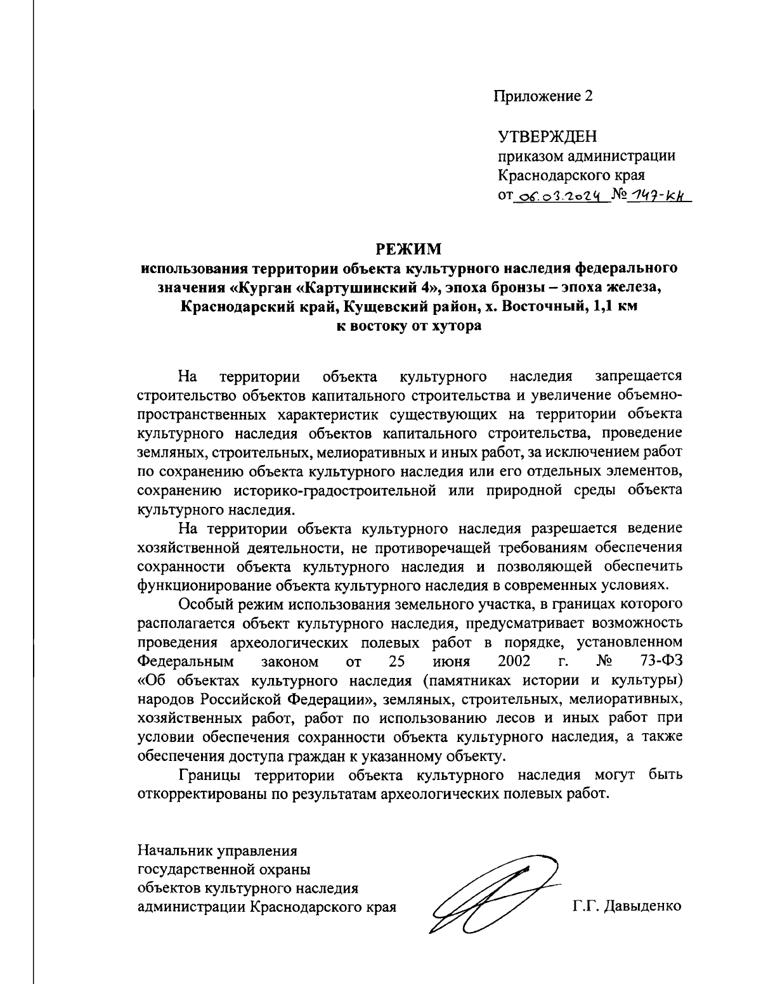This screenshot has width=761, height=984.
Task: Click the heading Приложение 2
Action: click(x=543, y=96)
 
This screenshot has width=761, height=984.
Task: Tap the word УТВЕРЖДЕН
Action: click(x=547, y=137)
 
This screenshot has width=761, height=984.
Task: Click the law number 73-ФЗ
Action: click(x=661, y=661)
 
